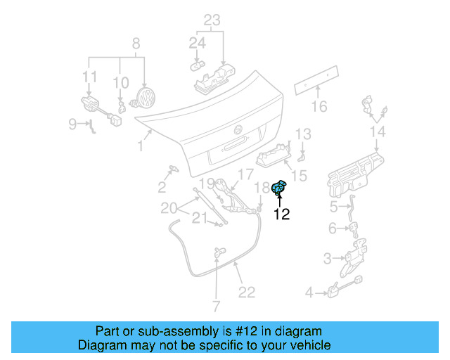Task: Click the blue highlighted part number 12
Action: click(279, 188)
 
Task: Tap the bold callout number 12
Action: click(281, 215)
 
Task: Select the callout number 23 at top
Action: click(212, 20)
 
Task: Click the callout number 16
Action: click(319, 107)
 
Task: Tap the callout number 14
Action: click(378, 132)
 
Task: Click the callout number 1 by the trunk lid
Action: click(141, 146)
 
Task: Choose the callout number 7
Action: click(216, 307)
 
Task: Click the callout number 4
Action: click(309, 292)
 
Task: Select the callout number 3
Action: click(327, 259)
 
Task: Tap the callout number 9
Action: click(72, 124)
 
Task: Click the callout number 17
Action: click(244, 174)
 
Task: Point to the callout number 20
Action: click(168, 207)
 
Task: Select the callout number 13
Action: click(302, 134)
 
